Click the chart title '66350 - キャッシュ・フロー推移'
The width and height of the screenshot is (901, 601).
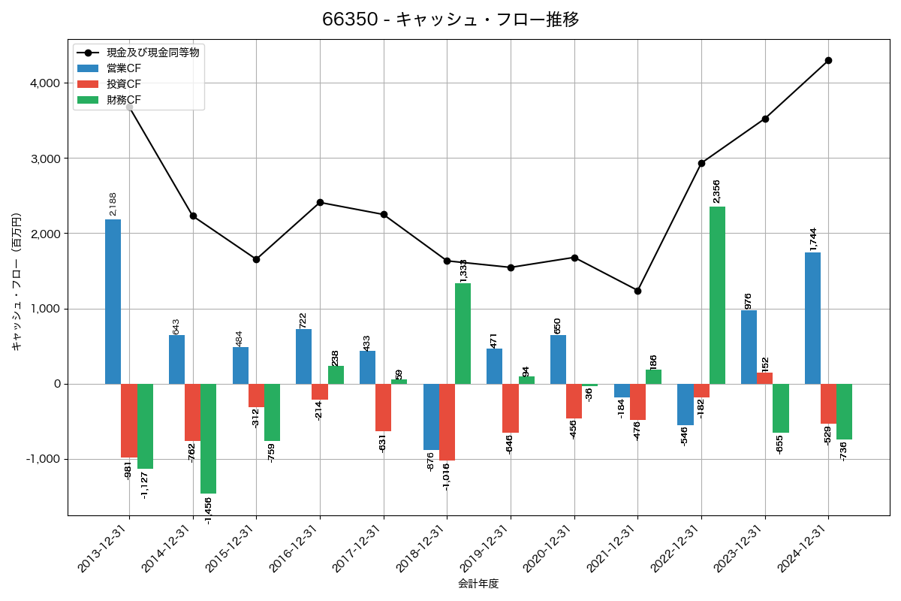tap(450, 20)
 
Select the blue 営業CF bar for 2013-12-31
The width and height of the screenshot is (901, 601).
tap(113, 301)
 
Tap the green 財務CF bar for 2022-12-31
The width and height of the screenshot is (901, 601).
tap(717, 295)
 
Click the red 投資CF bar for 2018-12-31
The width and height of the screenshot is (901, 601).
tap(447, 422)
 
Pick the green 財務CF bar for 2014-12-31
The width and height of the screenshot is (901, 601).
tap(208, 439)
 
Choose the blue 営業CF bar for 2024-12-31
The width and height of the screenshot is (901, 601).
tap(812, 318)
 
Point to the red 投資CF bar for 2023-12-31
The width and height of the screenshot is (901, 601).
tap(764, 378)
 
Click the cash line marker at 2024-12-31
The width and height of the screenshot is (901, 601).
tap(828, 60)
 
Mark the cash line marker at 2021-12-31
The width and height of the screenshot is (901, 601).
tap(637, 291)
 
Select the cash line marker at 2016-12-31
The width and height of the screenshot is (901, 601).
tap(320, 202)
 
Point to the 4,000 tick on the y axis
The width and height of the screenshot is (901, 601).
tap(44, 83)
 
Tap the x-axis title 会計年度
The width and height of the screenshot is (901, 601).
tap(478, 584)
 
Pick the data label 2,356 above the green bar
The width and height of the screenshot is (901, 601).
tap(716, 192)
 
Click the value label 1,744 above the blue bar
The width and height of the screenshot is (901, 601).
tap(813, 239)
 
